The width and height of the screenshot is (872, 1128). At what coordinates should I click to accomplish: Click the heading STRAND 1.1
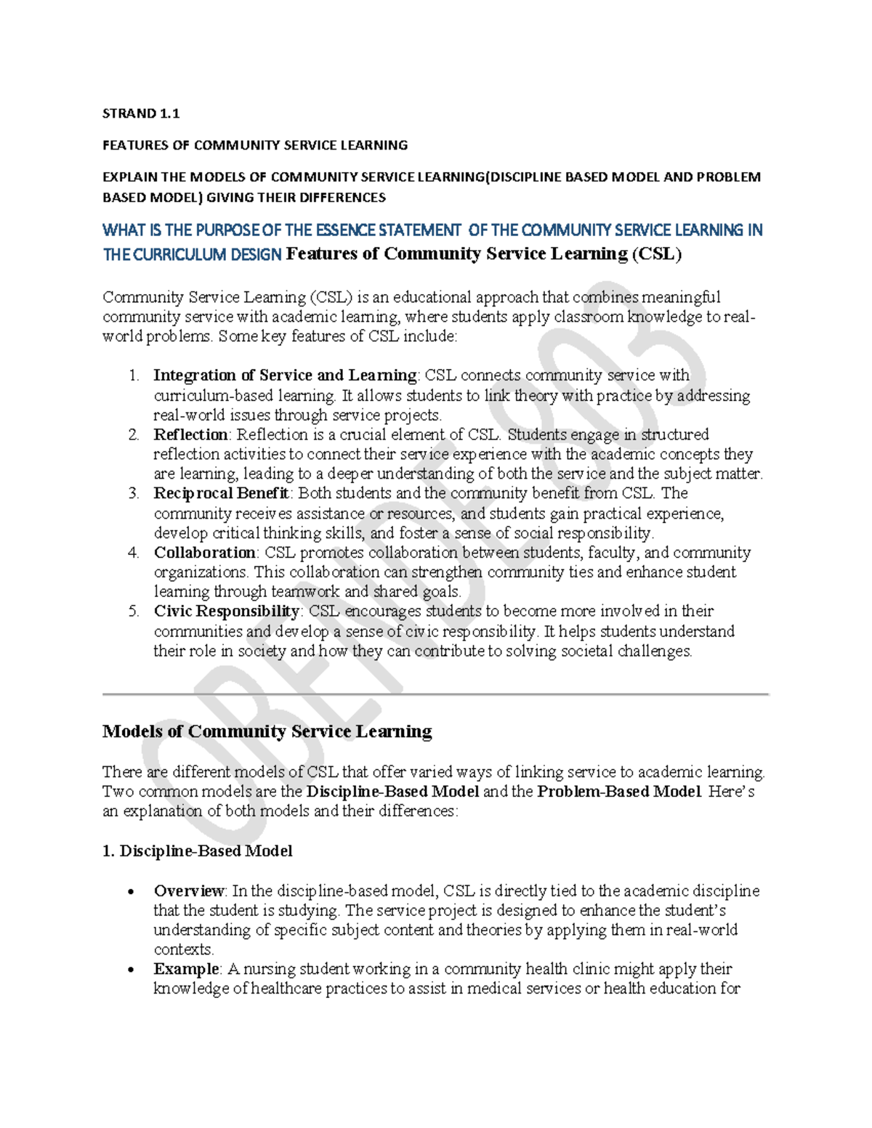click(141, 113)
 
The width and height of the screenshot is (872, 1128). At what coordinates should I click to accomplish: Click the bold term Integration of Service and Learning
click(285, 376)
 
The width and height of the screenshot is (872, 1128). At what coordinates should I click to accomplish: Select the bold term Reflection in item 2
click(190, 434)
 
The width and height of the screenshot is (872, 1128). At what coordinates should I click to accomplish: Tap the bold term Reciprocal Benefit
click(222, 493)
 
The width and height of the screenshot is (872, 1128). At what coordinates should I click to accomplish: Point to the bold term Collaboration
click(204, 553)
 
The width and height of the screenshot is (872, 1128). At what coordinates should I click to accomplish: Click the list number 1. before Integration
click(133, 376)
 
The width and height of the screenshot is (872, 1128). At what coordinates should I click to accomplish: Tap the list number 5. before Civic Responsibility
click(133, 612)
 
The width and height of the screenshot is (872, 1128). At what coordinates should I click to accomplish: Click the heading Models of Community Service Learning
click(267, 731)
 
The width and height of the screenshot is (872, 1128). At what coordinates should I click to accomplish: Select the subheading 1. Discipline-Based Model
click(198, 851)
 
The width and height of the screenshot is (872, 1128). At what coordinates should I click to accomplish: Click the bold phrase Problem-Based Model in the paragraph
click(619, 792)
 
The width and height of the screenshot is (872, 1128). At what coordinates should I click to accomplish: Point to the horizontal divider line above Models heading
click(435, 694)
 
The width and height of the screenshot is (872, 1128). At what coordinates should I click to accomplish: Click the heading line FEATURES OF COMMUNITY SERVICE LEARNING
click(255, 145)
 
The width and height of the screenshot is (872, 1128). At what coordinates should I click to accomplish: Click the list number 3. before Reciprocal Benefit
click(133, 493)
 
